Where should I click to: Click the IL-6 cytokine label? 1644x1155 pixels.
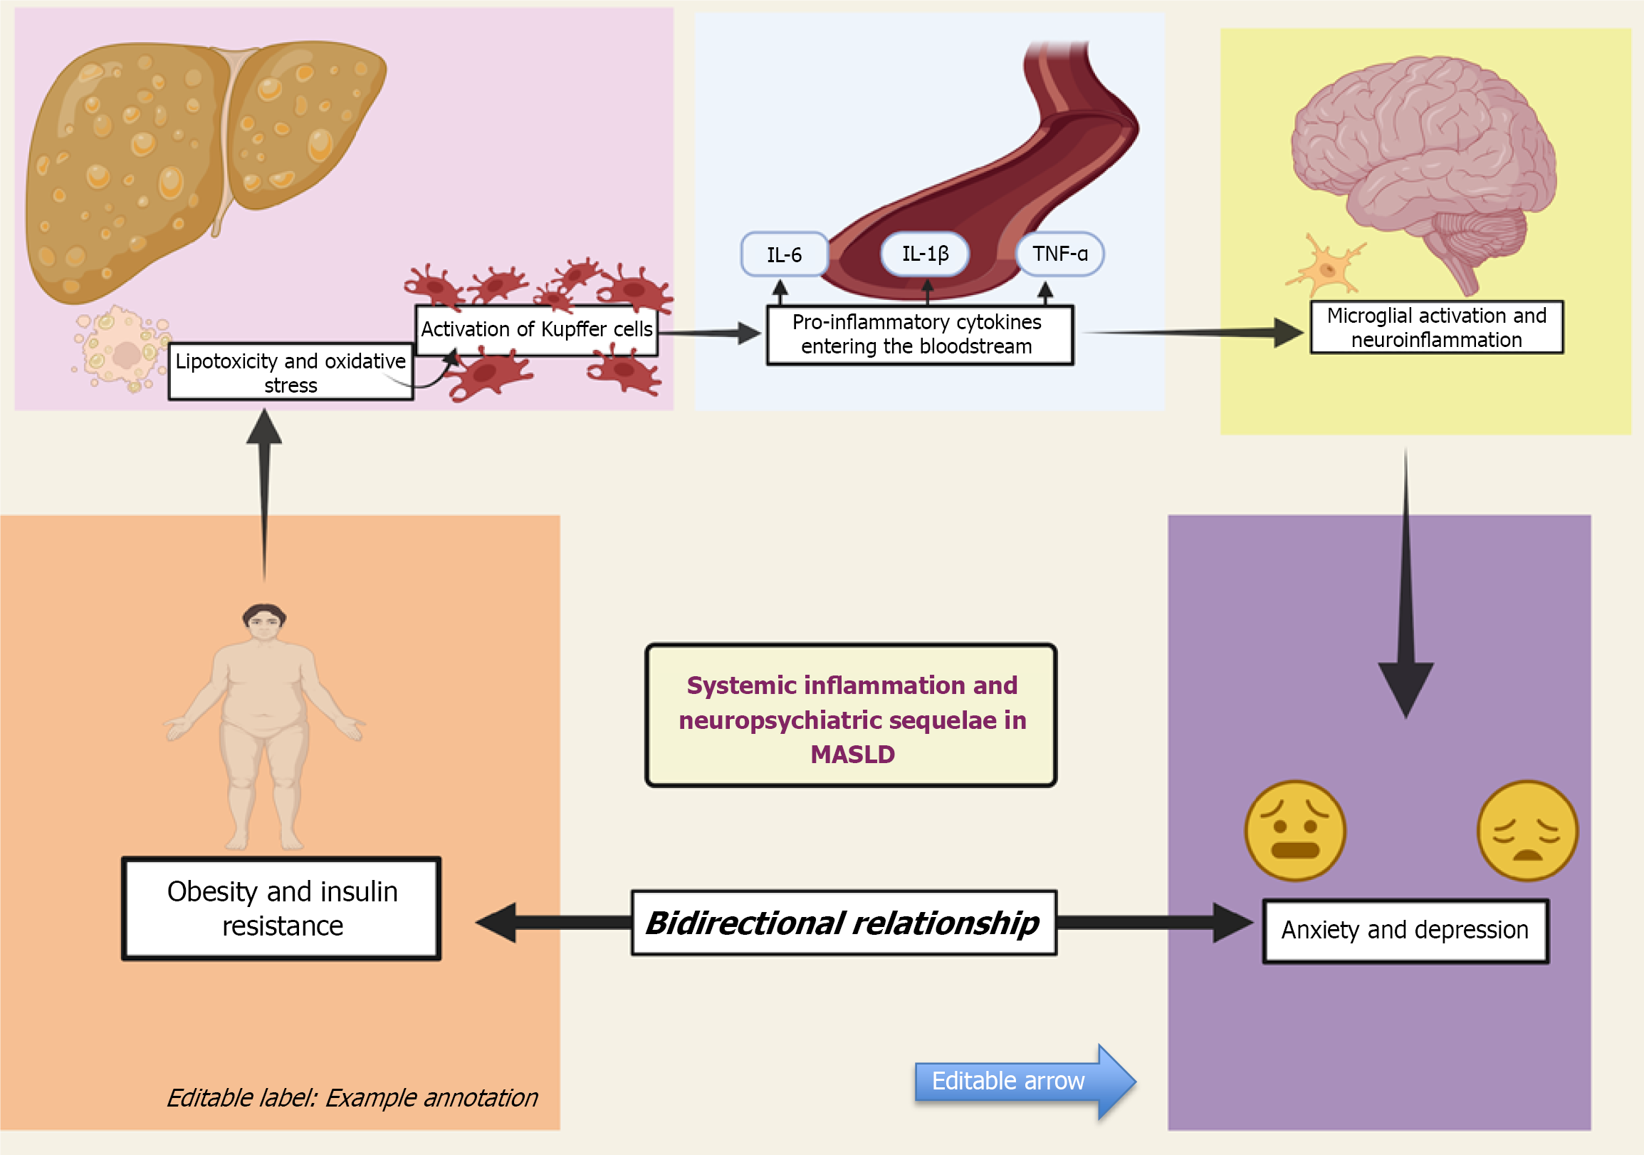pyautogui.click(x=784, y=254)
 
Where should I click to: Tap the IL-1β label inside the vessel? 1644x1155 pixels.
pyautogui.click(x=925, y=254)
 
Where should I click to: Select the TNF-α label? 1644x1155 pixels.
pyautogui.click(x=1059, y=254)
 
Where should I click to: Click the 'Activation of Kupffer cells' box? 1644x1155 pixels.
pyautogui.click(x=536, y=330)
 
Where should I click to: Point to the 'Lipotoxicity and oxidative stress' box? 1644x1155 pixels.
pyautogui.click(x=290, y=373)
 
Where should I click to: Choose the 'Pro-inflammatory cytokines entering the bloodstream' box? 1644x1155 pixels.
pyautogui.click(x=919, y=335)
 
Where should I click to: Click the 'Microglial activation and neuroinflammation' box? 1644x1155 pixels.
pyautogui.click(x=1435, y=328)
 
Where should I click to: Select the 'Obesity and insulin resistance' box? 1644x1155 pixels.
pyautogui.click(x=281, y=908)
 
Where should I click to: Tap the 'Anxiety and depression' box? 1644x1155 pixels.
pyautogui.click(x=1405, y=930)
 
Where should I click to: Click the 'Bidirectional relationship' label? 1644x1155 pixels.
pyautogui.click(x=843, y=923)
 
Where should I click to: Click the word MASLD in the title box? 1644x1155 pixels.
pyautogui.click(x=852, y=755)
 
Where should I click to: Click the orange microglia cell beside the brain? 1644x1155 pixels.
pyautogui.click(x=1326, y=269)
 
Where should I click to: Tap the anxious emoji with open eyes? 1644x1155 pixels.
pyautogui.click(x=1295, y=830)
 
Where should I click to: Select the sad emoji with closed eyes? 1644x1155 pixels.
pyautogui.click(x=1527, y=830)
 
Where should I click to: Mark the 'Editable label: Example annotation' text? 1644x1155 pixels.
pyautogui.click(x=352, y=1098)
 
